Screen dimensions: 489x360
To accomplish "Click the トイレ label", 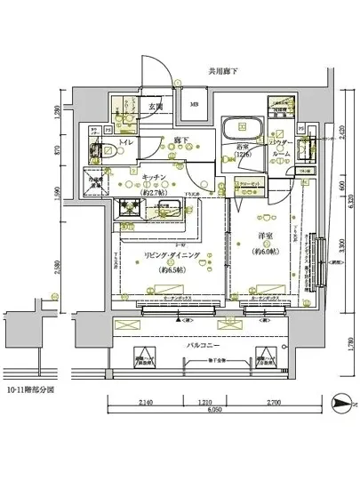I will point(125,141).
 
